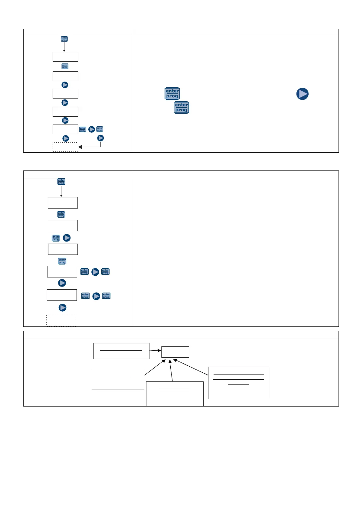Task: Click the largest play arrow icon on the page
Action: [302, 94]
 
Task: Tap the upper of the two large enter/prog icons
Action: [172, 94]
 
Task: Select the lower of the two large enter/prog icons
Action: [182, 107]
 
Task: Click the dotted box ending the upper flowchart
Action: [65, 147]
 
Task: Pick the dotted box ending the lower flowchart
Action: [61, 320]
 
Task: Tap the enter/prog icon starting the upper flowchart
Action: [64, 39]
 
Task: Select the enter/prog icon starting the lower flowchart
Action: [61, 181]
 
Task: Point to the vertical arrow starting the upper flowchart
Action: [64, 47]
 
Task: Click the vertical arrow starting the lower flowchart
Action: [61, 191]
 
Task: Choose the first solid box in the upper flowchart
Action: [65, 57]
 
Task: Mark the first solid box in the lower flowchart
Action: [63, 203]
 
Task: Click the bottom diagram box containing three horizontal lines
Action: [238, 383]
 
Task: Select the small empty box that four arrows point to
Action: [175, 352]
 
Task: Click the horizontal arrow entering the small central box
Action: [155, 351]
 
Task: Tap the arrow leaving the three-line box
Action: [191, 367]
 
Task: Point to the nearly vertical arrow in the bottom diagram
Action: [171, 370]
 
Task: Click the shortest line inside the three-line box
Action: [238, 385]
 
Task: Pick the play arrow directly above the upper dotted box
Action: [66, 138]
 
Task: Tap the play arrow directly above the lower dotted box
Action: [62, 307]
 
